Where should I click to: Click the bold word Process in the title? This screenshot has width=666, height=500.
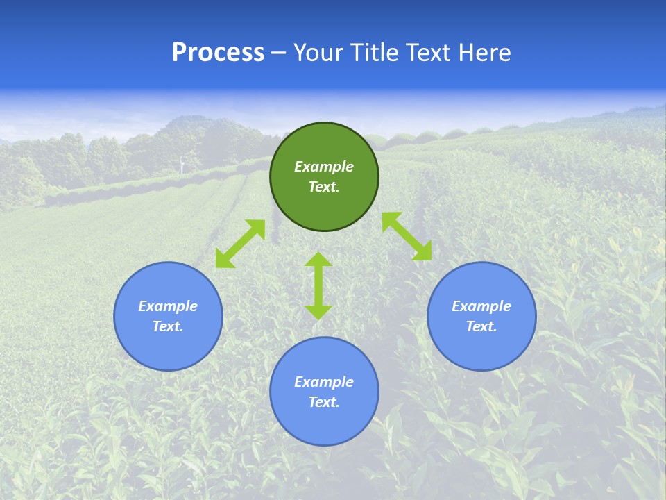[218, 53]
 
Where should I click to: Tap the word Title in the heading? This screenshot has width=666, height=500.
[374, 53]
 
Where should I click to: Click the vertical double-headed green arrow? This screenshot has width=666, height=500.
[318, 285]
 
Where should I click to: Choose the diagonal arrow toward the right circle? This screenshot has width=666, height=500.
[407, 236]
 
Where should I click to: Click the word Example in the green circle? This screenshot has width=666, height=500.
[324, 167]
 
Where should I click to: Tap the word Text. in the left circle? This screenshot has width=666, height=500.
[168, 326]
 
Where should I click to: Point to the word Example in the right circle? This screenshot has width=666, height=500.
[481, 306]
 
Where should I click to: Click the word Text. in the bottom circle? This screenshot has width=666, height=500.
[324, 402]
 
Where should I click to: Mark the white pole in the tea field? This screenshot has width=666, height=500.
[182, 165]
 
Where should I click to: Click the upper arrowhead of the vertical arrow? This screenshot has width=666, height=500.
[318, 260]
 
